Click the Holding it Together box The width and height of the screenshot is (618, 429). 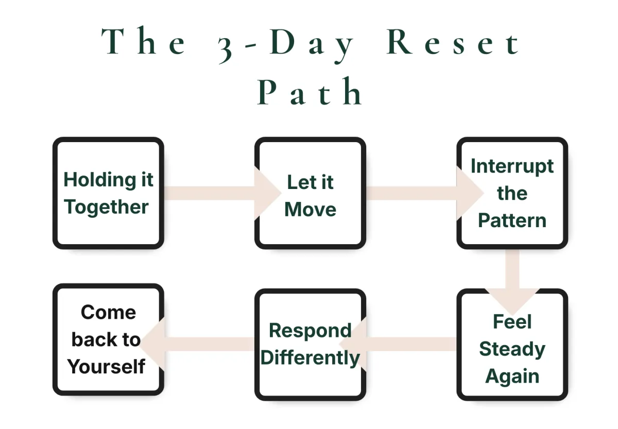click(x=108, y=193)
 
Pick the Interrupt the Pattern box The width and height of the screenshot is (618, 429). click(x=512, y=193)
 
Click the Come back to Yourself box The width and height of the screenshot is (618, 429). click(x=108, y=340)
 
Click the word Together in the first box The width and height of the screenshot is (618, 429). click(x=107, y=207)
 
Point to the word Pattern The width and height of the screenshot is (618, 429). click(x=512, y=220)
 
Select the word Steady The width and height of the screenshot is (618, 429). click(x=512, y=349)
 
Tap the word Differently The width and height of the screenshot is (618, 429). click(x=310, y=358)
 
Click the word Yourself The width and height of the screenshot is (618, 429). click(x=107, y=367)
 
